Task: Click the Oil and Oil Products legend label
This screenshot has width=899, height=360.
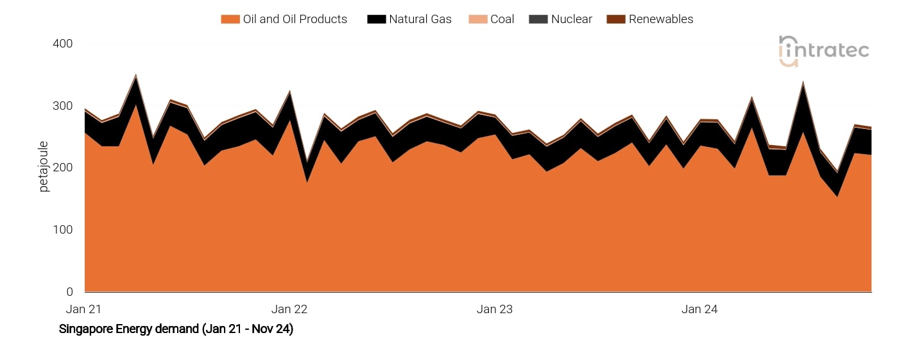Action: [295, 19]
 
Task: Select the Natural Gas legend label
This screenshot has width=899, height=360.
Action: [420, 19]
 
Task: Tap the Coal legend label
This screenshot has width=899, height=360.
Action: [502, 19]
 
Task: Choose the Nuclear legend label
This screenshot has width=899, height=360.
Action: [571, 19]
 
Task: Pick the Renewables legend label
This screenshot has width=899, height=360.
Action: [660, 19]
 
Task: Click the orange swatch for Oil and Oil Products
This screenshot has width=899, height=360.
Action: [230, 19]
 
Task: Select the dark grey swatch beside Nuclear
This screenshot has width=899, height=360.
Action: [537, 19]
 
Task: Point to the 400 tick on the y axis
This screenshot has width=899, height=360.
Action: [62, 44]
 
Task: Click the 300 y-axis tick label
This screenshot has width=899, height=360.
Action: [62, 106]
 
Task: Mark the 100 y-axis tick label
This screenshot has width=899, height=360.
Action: [62, 230]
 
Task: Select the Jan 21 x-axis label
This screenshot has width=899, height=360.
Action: [84, 309]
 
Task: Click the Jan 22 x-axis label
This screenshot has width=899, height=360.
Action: [291, 309]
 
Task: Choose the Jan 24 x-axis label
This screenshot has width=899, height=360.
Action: [699, 309]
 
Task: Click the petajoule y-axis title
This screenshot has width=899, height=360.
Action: [44, 167]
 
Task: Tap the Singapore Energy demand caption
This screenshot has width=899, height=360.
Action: [176, 329]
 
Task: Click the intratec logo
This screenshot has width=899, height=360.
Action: [823, 51]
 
